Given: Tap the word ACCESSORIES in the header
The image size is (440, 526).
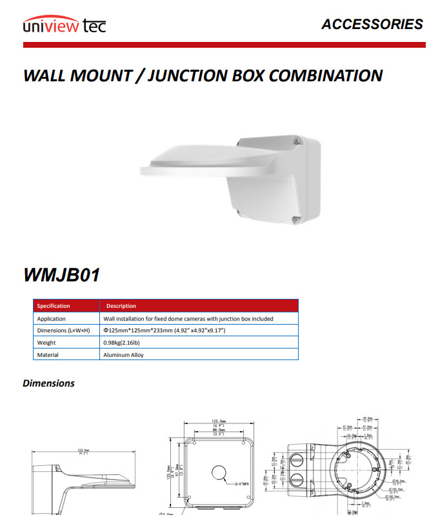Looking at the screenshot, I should pyautogui.click(x=372, y=25).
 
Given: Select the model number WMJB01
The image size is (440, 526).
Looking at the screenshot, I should pyautogui.click(x=62, y=274).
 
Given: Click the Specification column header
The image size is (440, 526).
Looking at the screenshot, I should pyautogui.click(x=54, y=306).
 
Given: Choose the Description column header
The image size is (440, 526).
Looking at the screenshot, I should pyautogui.click(x=121, y=306).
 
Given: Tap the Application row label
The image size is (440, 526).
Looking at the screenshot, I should pyautogui.click(x=51, y=319).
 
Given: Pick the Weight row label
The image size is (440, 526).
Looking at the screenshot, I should pyautogui.click(x=46, y=343).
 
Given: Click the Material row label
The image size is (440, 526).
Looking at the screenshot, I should pyautogui.click(x=48, y=355).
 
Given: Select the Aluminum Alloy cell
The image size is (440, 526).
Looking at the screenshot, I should pyautogui.click(x=124, y=355).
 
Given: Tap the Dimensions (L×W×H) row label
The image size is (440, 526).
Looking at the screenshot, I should pyautogui.click(x=63, y=330).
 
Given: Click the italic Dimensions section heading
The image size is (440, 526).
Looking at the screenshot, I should pyautogui.click(x=48, y=383).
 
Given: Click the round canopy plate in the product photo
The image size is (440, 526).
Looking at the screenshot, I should pyautogui.click(x=187, y=165).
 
